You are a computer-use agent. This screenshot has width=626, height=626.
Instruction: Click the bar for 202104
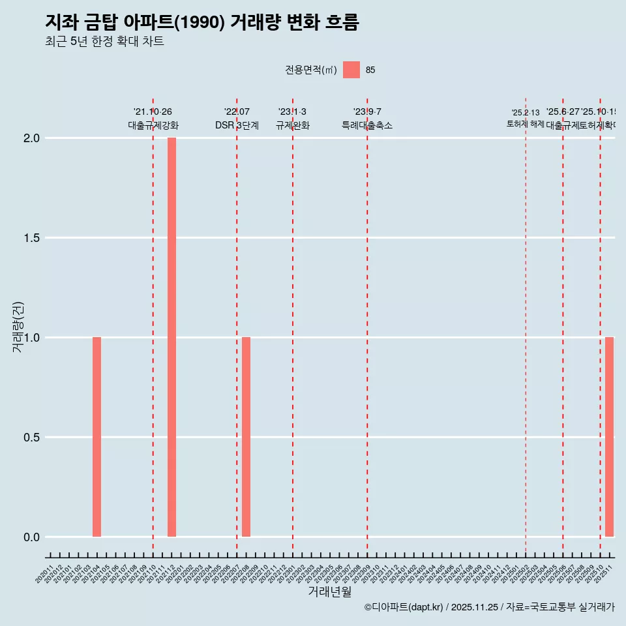point(97,437)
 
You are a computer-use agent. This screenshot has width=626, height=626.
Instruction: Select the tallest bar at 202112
point(171,337)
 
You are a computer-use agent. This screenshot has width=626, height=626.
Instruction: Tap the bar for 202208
point(246,437)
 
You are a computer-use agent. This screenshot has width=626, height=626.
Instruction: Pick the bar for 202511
point(609,437)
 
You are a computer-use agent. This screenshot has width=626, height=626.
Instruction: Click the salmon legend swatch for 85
point(351,70)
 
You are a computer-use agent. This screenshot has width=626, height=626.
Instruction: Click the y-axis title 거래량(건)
point(18,327)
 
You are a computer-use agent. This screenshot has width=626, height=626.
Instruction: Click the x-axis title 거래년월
point(329,592)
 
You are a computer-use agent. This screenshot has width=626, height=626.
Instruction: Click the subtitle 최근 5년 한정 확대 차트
point(104,42)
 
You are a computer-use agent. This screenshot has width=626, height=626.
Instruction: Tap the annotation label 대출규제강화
point(153,126)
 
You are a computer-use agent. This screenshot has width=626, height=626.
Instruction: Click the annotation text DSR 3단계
point(237,126)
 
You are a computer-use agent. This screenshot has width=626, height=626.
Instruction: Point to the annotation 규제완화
point(292,126)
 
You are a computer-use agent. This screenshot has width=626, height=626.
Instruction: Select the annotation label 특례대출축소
point(367,126)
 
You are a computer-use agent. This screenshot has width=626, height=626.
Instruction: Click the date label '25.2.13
point(526,113)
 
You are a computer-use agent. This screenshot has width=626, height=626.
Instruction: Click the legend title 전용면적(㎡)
point(310,70)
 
